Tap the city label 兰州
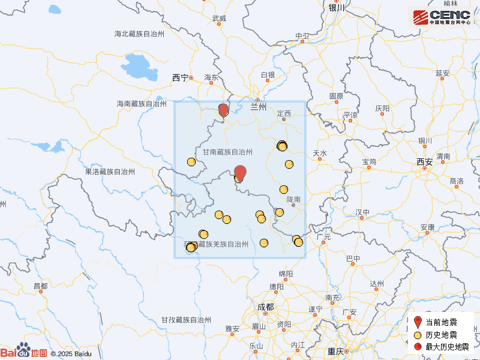258,107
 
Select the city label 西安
424,161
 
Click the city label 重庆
335,351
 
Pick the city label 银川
335,8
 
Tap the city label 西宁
179,77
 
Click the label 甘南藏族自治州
227,152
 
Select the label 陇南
293,199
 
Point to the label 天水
320,154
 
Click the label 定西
284,113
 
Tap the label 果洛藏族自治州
110,172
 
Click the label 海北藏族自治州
139,34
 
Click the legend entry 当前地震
441,323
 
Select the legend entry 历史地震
441,335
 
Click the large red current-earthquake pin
239,172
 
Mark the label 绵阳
286,274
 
